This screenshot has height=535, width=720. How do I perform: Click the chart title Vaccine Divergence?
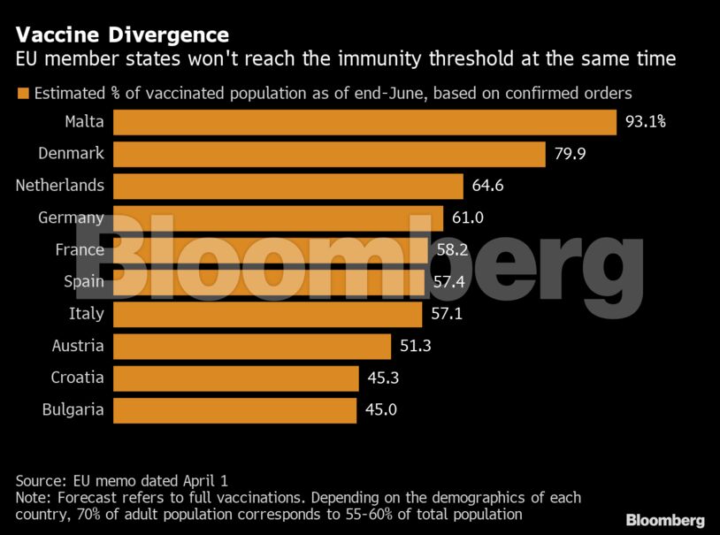[121, 35]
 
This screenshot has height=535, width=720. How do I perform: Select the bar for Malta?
[364, 122]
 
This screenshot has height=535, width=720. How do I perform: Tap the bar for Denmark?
[329, 154]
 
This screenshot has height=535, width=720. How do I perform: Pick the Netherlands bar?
[288, 186]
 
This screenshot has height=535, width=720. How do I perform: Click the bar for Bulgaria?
[235, 409]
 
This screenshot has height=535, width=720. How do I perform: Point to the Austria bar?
[252, 346]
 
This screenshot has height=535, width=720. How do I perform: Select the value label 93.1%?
[646, 122]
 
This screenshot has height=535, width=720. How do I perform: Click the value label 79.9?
[570, 154]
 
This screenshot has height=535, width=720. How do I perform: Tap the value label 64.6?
[487, 186]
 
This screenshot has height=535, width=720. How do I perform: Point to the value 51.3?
[415, 346]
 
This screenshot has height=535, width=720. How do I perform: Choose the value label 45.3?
[383, 378]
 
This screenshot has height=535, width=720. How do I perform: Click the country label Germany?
[71, 218]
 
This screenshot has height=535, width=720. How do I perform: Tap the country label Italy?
[86, 313]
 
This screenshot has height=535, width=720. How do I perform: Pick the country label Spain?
[83, 281]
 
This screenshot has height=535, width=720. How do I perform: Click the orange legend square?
[22, 93]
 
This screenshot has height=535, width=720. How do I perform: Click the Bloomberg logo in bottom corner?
[664, 520]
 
